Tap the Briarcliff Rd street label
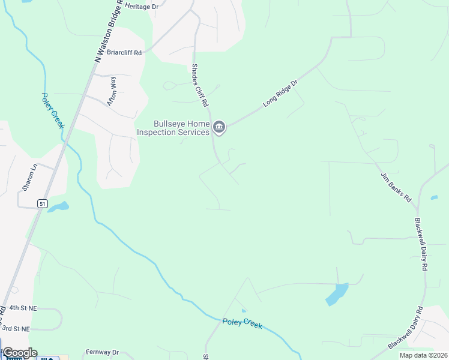125,52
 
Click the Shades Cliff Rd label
199,86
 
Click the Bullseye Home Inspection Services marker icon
219,127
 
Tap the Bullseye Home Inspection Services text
173,128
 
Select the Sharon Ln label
29,177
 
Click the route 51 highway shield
41,204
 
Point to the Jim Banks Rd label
396,187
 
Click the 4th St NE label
23,308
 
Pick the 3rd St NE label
16,329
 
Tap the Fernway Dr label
103,352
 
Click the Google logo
19,353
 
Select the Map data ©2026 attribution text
423,355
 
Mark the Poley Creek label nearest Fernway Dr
243,323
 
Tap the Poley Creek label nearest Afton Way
53,110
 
